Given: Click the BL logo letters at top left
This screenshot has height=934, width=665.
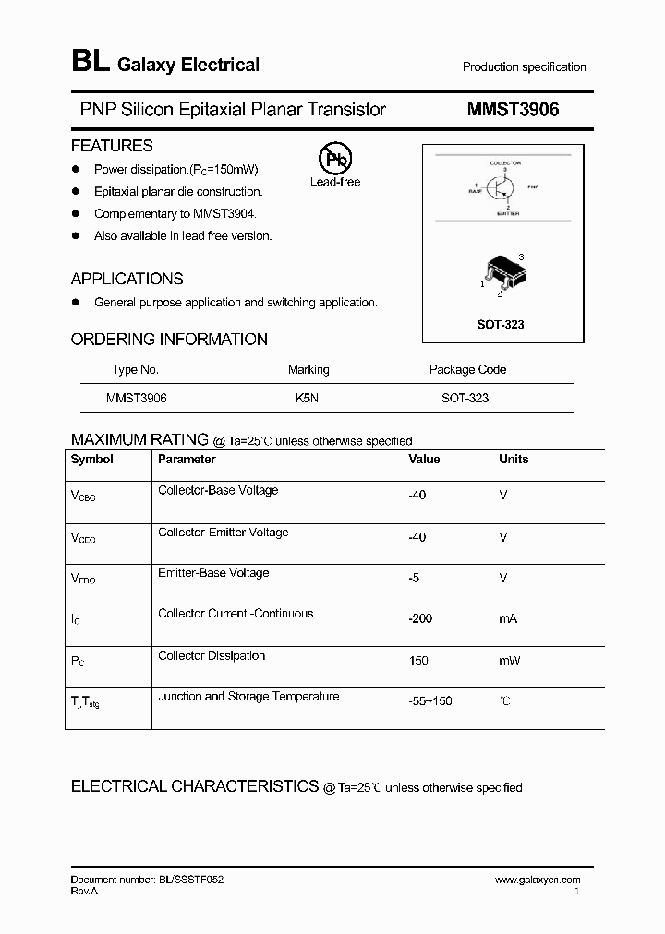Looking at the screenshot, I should pos(90,63).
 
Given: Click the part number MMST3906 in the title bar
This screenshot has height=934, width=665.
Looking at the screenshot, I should pos(513,109).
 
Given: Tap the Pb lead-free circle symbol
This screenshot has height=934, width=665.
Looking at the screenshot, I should pos(334,159).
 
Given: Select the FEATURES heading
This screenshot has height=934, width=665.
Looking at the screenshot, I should pos(112,146).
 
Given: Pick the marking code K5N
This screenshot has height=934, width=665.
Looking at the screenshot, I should pos(308,398).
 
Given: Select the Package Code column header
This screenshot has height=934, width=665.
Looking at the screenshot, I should pos(467,369).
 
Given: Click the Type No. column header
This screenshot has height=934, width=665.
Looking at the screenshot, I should pos(136,369).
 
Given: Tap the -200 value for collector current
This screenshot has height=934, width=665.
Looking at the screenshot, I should pos(420,618).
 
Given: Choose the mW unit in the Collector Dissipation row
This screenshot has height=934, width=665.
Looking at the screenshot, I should pos(510,660).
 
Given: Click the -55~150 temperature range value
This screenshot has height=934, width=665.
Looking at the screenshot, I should pos(430,701).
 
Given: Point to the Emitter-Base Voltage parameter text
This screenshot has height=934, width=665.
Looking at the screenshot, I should pos(213,573).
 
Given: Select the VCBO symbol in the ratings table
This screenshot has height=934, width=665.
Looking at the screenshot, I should pos(83,496).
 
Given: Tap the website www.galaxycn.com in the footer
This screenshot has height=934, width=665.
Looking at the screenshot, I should pos(538,880).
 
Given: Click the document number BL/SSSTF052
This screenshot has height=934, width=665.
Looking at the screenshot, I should pos(147,880).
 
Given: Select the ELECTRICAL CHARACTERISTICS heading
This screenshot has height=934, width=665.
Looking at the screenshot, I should pos(195,786).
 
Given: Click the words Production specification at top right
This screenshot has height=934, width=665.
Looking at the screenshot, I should pos(524,67).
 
